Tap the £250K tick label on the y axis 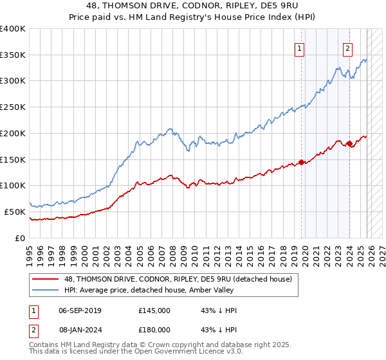click(x=13, y=107)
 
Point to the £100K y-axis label click(x=13, y=186)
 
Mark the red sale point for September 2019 click(x=301, y=162)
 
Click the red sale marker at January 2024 click(x=349, y=143)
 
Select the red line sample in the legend click(x=46, y=279)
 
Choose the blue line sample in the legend click(x=46, y=290)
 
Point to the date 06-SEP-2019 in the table click(x=83, y=310)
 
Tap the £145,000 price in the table click(x=154, y=310)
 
